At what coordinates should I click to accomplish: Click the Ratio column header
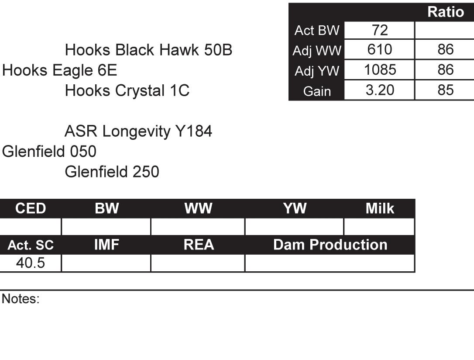click(445, 12)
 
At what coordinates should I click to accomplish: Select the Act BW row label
click(317, 30)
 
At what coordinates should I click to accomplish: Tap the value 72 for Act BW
click(379, 30)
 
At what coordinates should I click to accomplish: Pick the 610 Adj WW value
click(379, 50)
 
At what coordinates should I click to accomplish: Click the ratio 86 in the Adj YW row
click(445, 70)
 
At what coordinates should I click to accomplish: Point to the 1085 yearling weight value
click(379, 70)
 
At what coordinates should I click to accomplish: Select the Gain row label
click(317, 91)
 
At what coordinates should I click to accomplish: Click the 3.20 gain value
click(379, 90)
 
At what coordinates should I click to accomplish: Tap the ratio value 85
click(445, 90)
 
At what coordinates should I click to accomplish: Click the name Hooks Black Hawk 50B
click(148, 51)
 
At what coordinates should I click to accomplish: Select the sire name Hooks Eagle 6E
click(60, 70)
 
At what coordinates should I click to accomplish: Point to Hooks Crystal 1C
click(127, 90)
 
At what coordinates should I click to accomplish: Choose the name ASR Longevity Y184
click(138, 131)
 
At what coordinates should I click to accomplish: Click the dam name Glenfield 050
click(49, 152)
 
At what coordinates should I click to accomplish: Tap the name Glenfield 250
click(112, 172)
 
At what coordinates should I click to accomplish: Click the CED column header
click(31, 209)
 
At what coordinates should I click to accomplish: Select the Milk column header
click(379, 209)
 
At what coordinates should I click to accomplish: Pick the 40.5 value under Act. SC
click(31, 263)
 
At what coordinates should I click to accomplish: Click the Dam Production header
click(330, 245)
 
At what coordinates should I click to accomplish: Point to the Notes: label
click(21, 299)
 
